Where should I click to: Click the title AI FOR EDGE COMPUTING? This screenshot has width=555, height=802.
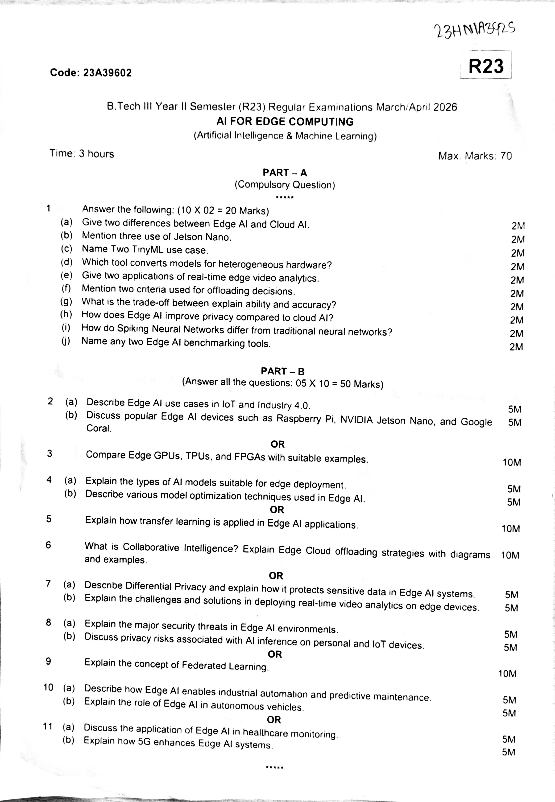(285, 122)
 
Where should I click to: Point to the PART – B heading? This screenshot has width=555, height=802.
(282, 371)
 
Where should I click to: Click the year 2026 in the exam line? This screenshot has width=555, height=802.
(445, 107)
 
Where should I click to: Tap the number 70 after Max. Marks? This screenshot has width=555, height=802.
(506, 156)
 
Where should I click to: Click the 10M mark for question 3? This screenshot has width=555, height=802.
(512, 462)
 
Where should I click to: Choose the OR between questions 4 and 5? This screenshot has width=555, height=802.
(277, 510)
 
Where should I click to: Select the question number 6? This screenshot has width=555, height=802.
(48, 545)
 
